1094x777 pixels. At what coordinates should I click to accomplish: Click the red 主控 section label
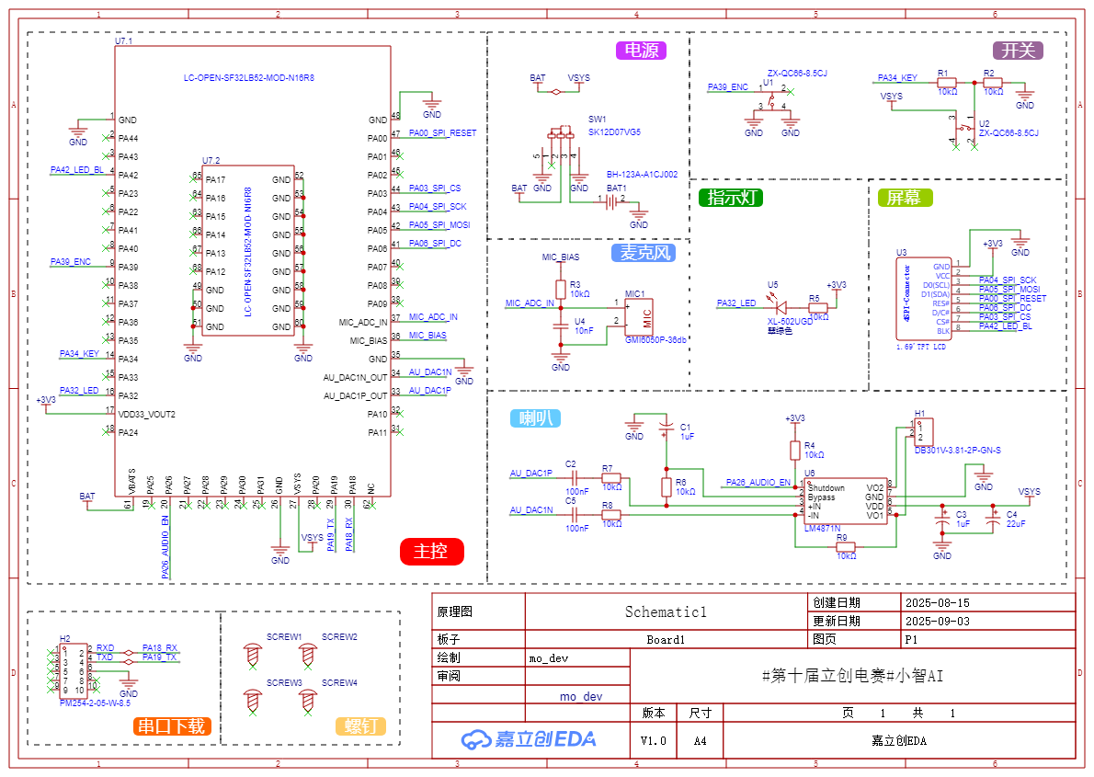tap(431, 552)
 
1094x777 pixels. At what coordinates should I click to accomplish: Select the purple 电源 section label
tap(641, 51)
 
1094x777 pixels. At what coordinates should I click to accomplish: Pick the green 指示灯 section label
tap(731, 197)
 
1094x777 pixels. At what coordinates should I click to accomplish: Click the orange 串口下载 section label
tap(171, 726)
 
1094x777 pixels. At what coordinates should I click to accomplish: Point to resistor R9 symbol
tap(846, 547)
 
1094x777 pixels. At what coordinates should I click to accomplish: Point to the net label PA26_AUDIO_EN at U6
tap(758, 482)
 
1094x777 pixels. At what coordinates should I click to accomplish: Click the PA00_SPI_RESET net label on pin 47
tap(442, 133)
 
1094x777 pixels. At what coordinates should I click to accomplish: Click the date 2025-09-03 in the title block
tap(937, 621)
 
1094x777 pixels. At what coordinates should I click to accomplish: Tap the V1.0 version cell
tap(654, 739)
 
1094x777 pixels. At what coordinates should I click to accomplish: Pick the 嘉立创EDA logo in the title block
tap(529, 738)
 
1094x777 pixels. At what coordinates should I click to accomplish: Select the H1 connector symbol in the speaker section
tap(924, 430)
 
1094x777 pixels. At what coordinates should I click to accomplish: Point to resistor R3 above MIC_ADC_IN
tap(561, 289)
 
